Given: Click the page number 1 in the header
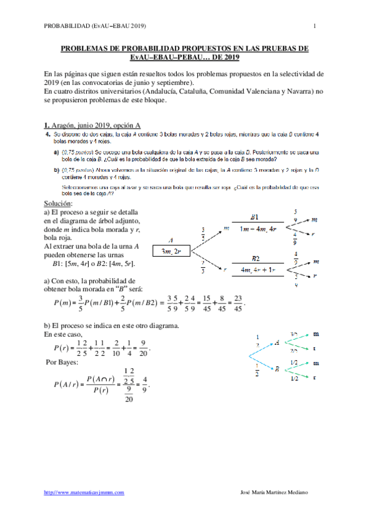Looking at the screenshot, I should (x=314, y=25).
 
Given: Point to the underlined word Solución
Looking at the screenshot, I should (x=58, y=203).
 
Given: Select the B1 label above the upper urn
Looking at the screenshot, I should (x=254, y=217).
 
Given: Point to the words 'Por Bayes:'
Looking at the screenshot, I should (x=62, y=362).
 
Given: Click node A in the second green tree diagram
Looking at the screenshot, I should (x=277, y=342).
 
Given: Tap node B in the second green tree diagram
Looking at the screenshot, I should (x=277, y=369).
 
